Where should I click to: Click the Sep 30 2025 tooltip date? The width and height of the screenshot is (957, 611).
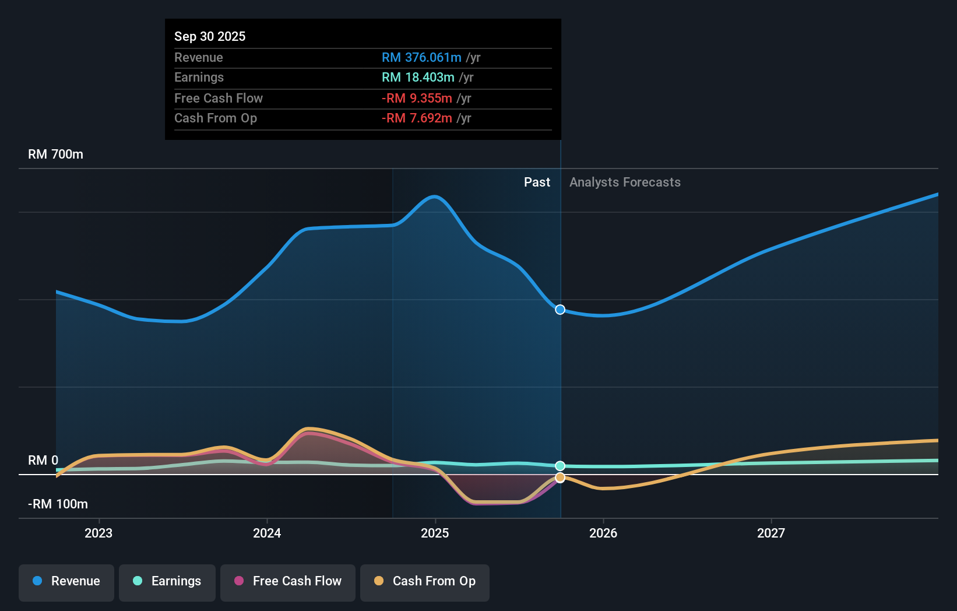coord(210,36)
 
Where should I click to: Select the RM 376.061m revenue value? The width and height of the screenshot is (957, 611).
coord(421,58)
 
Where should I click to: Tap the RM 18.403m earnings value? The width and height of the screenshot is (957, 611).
coord(418,78)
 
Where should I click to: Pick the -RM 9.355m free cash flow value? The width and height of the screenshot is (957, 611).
coord(417,99)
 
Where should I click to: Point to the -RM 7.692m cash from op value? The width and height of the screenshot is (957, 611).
coord(417,118)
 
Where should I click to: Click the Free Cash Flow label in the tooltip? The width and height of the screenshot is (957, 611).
coord(219,99)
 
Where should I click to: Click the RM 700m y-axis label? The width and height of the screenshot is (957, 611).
coord(55,154)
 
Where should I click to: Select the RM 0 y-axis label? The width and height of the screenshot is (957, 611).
coord(43,461)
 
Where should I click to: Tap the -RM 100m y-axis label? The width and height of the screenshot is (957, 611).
coord(58,504)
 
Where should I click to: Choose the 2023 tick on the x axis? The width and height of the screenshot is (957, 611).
coord(98,533)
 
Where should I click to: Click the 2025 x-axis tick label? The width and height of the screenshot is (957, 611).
coord(435,533)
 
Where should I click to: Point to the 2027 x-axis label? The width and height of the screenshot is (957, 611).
coord(770,533)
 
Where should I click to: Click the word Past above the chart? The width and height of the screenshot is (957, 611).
coord(537,182)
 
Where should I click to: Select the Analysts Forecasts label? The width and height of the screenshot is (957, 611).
coord(625,182)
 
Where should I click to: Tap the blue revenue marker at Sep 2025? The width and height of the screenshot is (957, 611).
coord(560,310)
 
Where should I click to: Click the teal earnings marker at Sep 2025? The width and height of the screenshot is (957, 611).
coord(560,466)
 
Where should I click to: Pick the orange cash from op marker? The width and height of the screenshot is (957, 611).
coord(560,477)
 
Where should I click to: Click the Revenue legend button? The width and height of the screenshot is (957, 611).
coord(66,582)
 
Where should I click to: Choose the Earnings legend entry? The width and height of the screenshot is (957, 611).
coord(167,582)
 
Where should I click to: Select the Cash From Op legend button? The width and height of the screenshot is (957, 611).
coord(425,582)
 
